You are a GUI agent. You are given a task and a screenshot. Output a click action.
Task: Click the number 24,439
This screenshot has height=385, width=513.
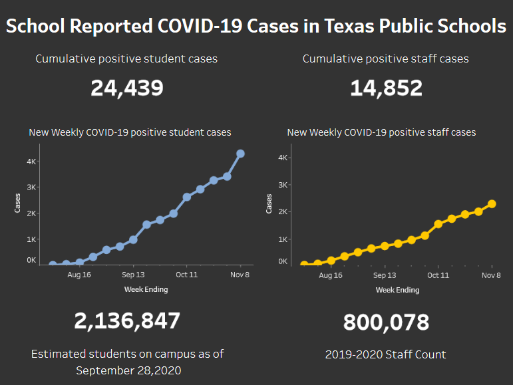pyautogui.click(x=127, y=88)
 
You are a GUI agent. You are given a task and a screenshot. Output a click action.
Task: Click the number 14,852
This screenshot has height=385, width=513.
pyautogui.click(x=386, y=88)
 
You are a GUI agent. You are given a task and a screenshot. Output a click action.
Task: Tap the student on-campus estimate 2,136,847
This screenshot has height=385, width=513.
pyautogui.click(x=127, y=321)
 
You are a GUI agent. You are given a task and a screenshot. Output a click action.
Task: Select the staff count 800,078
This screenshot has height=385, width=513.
pyautogui.click(x=386, y=322)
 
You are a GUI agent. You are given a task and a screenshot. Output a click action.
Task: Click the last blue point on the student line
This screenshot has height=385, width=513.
pyautogui.click(x=240, y=154)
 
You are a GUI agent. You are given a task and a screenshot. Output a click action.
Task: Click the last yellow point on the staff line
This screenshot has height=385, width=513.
pyautogui.click(x=492, y=204)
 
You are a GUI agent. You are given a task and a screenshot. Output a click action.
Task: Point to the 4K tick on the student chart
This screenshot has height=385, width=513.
pyautogui.click(x=31, y=161)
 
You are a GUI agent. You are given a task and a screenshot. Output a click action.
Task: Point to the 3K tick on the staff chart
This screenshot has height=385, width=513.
pyautogui.click(x=283, y=185)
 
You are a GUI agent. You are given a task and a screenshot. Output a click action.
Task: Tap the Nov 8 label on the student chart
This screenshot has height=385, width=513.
pyautogui.click(x=240, y=274)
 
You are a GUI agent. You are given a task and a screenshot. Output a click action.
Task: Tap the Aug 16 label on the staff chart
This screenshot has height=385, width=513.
pyautogui.click(x=331, y=275)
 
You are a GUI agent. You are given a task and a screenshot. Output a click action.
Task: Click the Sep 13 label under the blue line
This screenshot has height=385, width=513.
pyautogui.click(x=133, y=274)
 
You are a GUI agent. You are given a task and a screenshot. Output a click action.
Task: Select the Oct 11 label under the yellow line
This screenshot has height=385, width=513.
pyautogui.click(x=438, y=275)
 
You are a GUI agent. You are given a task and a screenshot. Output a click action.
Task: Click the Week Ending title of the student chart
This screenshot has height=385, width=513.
pyautogui.click(x=146, y=289)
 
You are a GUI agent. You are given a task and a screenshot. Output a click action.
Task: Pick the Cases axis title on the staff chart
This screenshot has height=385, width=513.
pyautogui.click(x=269, y=203)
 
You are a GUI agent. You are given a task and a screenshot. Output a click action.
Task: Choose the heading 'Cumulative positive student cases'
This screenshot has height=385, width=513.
pyautogui.click(x=126, y=59)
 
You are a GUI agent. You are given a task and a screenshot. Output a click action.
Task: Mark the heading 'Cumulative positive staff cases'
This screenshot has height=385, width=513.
pyautogui.click(x=385, y=59)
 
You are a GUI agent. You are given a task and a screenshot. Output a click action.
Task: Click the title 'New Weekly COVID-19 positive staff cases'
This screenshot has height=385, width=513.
pyautogui.click(x=381, y=132)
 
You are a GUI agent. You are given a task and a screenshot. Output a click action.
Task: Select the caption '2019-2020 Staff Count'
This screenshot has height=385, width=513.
pyautogui.click(x=385, y=354)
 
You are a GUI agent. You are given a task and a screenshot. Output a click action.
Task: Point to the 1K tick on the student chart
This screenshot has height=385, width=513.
pyautogui.click(x=31, y=239)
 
